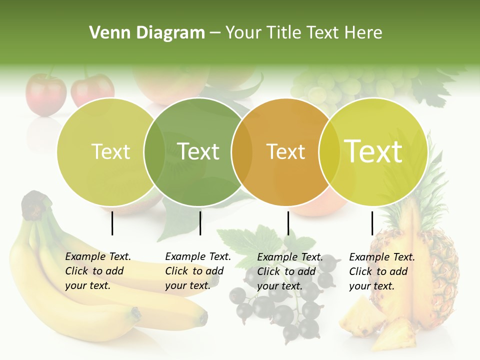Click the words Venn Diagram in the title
146,33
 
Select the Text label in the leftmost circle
111,151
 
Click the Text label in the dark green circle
198,151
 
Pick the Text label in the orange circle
286,151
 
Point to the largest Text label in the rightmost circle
373,151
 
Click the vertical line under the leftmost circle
112,223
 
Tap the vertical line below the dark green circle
200,223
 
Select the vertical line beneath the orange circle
288,223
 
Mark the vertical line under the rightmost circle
372,223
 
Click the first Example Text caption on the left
97,271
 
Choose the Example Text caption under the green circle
197,271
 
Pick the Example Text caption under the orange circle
289,271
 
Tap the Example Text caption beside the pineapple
381,271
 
